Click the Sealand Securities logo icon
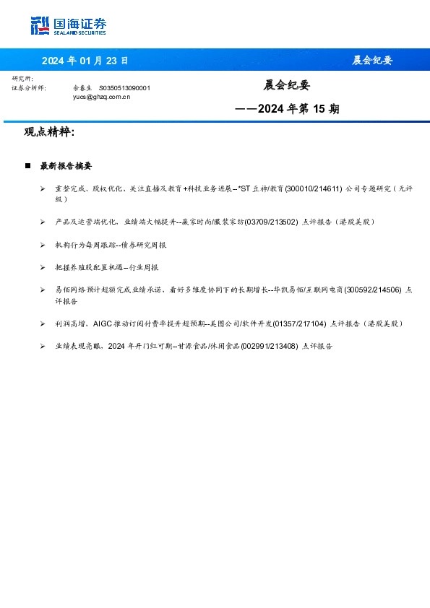click(x=40, y=25)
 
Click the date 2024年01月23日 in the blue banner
click(x=84, y=60)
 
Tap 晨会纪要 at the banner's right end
click(x=371, y=60)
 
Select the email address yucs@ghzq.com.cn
click(x=102, y=96)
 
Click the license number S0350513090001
click(x=124, y=87)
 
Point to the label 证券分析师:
click(x=30, y=87)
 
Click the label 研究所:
click(x=22, y=78)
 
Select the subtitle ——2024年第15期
click(x=288, y=110)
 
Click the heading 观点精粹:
click(x=50, y=132)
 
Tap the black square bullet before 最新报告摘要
click(x=28, y=166)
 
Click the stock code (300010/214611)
click(x=314, y=188)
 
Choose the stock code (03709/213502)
click(x=271, y=222)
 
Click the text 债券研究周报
click(x=142, y=245)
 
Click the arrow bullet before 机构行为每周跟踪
click(x=44, y=245)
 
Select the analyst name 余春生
click(x=82, y=87)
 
